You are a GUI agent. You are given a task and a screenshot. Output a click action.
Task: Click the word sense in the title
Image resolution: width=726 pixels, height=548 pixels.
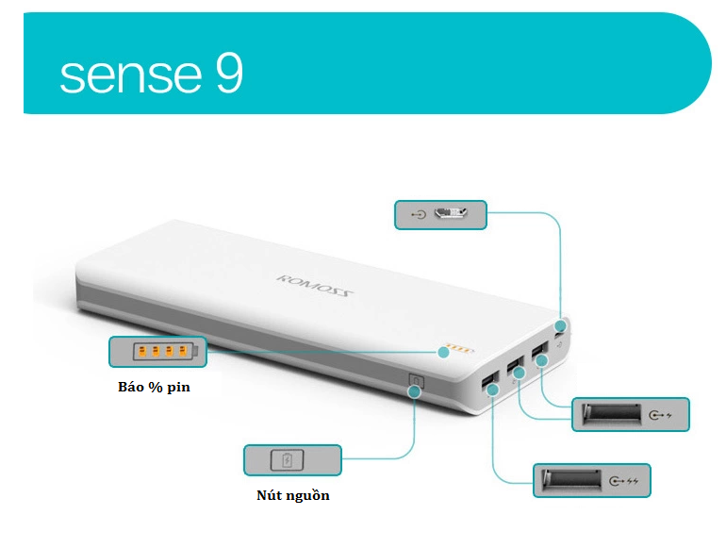click(x=131, y=76)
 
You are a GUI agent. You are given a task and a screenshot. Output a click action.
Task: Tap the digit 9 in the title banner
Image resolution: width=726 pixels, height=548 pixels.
click(x=229, y=73)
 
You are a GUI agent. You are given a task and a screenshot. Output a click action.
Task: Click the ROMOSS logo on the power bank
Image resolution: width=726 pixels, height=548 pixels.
click(x=315, y=286)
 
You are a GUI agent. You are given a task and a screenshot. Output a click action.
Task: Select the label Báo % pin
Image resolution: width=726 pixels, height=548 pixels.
click(x=155, y=387)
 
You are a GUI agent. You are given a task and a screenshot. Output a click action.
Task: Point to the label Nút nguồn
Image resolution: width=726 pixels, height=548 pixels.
click(x=293, y=495)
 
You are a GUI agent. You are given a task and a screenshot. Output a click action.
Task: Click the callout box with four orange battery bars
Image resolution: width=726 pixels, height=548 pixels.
click(x=157, y=352)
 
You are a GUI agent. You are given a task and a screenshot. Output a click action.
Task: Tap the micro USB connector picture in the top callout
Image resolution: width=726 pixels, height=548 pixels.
click(x=451, y=213)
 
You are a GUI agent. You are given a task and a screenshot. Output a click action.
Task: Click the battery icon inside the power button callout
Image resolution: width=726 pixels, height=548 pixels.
click(x=287, y=460)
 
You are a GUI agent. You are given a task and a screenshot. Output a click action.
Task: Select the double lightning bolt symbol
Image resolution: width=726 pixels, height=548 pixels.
click(x=633, y=481)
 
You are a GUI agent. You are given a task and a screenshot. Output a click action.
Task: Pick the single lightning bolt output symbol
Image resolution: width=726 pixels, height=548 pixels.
click(x=668, y=415)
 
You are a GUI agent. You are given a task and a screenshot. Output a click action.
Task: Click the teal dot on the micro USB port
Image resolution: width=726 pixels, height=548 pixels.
click(x=561, y=325)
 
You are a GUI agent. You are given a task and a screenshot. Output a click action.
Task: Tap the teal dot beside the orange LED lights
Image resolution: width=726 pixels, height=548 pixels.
click(x=443, y=352)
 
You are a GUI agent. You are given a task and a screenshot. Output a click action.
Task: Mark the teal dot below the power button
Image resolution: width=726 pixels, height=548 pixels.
click(x=415, y=391)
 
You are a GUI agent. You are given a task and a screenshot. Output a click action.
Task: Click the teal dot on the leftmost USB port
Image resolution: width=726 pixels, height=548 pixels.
click(x=492, y=390)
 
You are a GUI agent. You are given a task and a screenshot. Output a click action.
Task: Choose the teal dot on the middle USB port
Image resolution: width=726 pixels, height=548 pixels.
click(x=519, y=373)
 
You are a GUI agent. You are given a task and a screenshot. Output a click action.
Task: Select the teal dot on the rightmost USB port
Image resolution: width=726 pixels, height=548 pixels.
click(x=542, y=360)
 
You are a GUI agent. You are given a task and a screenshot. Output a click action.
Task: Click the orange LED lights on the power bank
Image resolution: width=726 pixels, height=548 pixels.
click(x=459, y=348)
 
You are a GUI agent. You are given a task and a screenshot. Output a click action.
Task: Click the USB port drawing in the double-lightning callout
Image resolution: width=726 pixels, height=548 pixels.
click(x=571, y=479)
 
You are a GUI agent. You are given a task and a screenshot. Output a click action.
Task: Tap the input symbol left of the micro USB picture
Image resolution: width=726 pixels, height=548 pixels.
click(x=419, y=214)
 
